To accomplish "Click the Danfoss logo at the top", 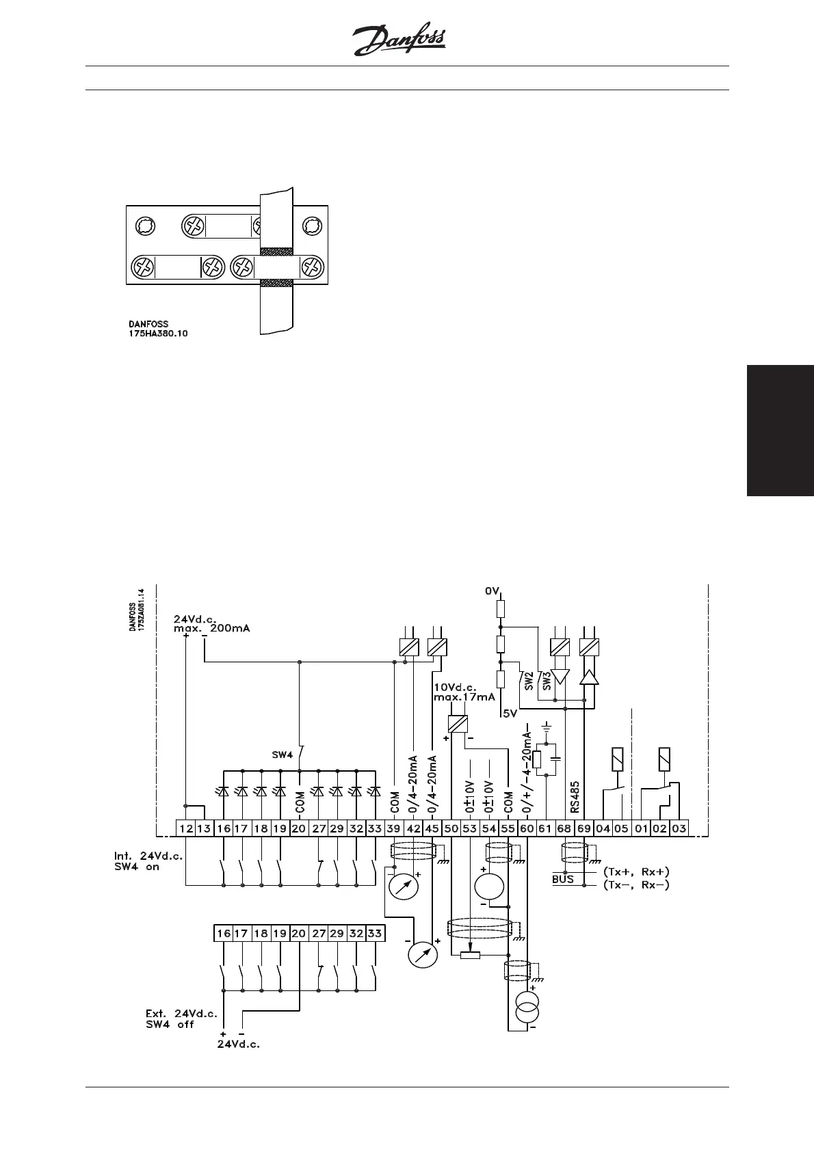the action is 400,42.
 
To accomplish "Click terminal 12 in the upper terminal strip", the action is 186,828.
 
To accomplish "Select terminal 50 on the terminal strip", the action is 451,828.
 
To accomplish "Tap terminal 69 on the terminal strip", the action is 583,828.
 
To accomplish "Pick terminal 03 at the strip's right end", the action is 679,828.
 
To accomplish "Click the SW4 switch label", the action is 283,755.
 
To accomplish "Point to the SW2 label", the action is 528,679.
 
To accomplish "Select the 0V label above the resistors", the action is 493,591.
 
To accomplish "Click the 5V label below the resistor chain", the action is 510,714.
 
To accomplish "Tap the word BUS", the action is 563,879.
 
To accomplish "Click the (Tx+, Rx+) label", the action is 636,871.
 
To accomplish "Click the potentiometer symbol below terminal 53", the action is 470,955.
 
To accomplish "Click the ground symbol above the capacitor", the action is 547,729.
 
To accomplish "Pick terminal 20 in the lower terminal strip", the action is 299,933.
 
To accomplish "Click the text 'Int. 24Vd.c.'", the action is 148,856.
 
